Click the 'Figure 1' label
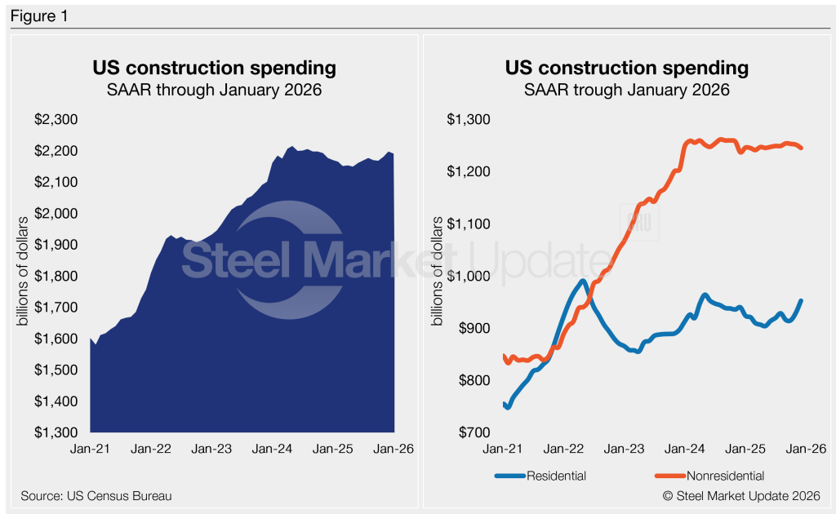point(38,15)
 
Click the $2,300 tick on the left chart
point(56,120)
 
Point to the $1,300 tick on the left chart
point(56,432)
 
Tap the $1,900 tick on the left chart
point(56,245)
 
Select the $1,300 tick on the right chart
point(468,120)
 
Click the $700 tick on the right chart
point(473,432)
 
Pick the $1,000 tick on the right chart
point(468,276)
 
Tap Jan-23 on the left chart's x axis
point(212,449)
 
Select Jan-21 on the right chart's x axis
point(503,449)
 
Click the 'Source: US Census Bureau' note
point(96,495)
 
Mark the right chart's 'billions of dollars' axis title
point(441,276)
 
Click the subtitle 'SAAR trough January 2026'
point(626,90)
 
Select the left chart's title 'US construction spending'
point(214,67)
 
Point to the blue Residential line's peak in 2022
point(582,281)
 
